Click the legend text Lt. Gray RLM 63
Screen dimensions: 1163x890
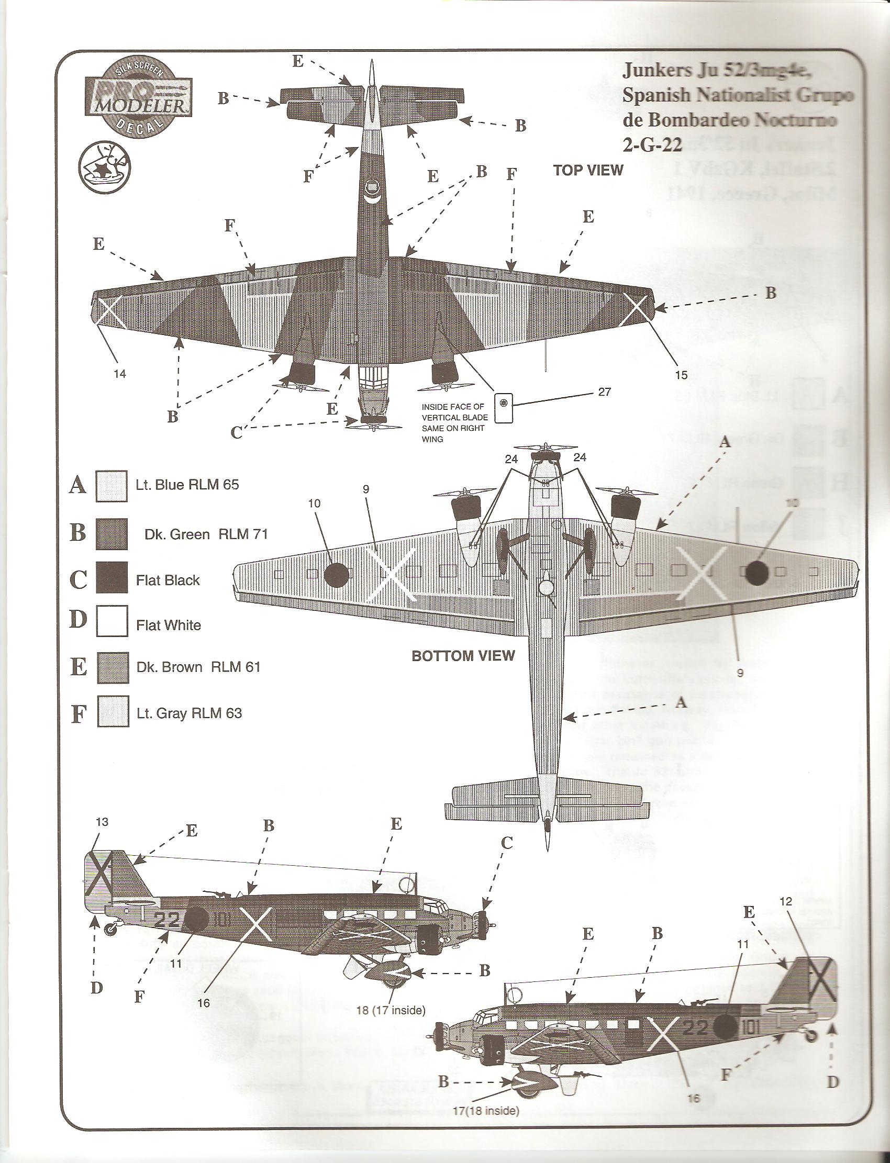click(x=188, y=713)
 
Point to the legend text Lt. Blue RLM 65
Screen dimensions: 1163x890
click(x=187, y=484)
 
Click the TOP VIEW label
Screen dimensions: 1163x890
click(x=588, y=170)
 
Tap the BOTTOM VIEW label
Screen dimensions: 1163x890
click(x=463, y=656)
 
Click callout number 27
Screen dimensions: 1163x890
click(x=604, y=392)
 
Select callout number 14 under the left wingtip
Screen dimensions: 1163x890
click(x=120, y=374)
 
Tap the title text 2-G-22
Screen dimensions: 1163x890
click(x=652, y=144)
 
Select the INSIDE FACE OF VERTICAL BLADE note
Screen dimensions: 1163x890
click(x=453, y=422)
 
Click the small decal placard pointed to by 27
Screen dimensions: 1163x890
click(x=503, y=407)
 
